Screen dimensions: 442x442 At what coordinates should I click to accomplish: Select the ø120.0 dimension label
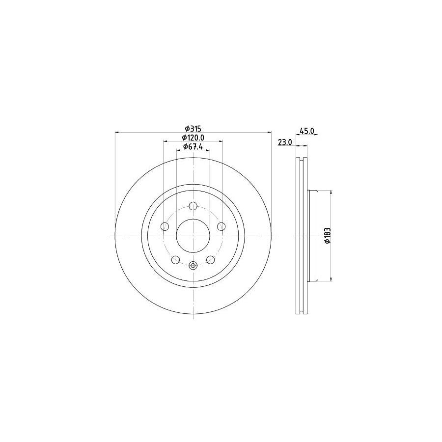pyautogui.click(x=193, y=138)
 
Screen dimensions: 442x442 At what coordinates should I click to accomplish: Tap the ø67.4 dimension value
pyautogui.click(x=193, y=147)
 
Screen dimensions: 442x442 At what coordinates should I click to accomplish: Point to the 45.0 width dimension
pyautogui.click(x=306, y=131)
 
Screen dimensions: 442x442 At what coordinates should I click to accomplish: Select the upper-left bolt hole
pyautogui.click(x=165, y=226)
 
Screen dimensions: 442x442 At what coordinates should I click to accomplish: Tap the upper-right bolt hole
pyautogui.click(x=221, y=226)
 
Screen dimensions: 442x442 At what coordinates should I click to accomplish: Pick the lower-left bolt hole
pyautogui.click(x=175, y=260)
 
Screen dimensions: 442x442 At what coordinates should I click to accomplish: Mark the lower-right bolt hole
pyautogui.click(x=211, y=260)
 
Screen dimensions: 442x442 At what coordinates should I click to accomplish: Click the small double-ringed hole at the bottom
pyautogui.click(x=193, y=266)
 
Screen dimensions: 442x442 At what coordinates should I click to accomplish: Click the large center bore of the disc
pyautogui.click(x=193, y=236)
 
